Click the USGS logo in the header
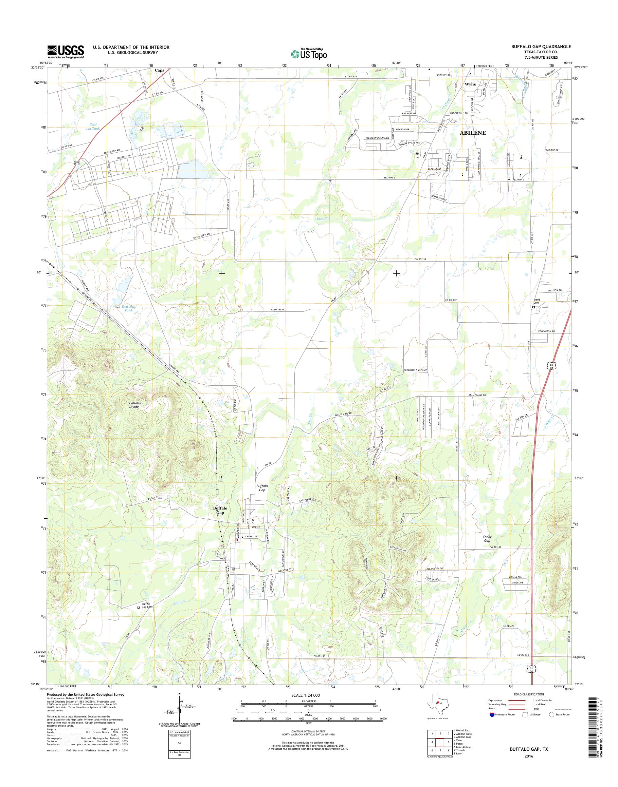pyautogui.click(x=66, y=52)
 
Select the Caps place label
pyautogui.click(x=160, y=70)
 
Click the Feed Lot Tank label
pyautogui.click(x=93, y=127)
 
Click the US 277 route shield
pyautogui.click(x=77, y=164)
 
